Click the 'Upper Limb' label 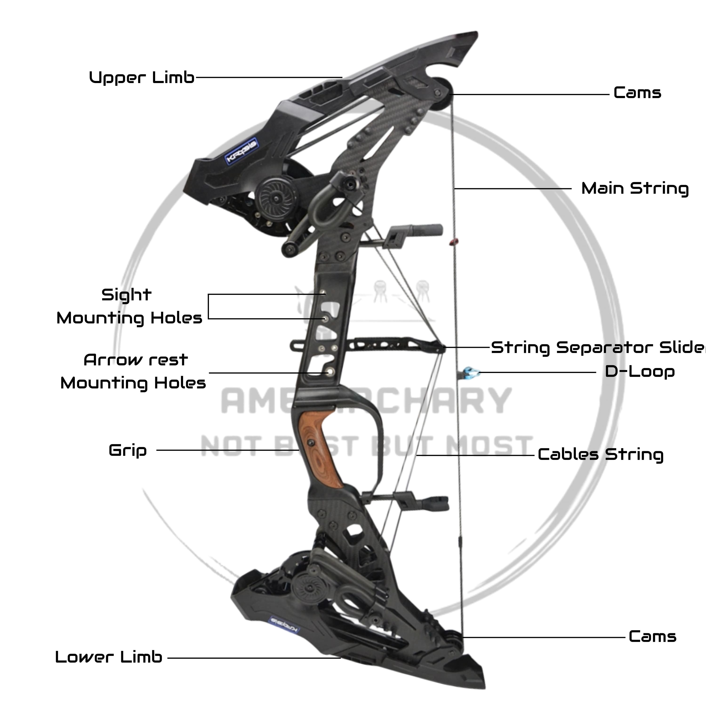click(141, 77)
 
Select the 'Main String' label click(635, 189)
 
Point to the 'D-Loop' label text click(639, 372)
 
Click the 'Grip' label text click(128, 450)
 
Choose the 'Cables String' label click(600, 455)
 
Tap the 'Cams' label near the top click(637, 93)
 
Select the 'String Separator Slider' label click(598, 347)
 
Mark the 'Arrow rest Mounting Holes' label click(134, 372)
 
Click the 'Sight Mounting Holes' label click(129, 306)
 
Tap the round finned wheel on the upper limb click(274, 198)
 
